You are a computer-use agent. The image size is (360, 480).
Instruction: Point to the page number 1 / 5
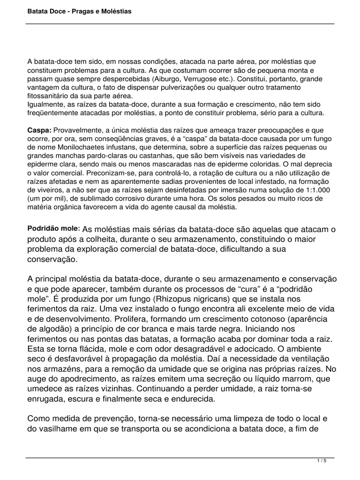[x=322, y=461]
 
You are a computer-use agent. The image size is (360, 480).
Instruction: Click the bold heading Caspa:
[x=39, y=129]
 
